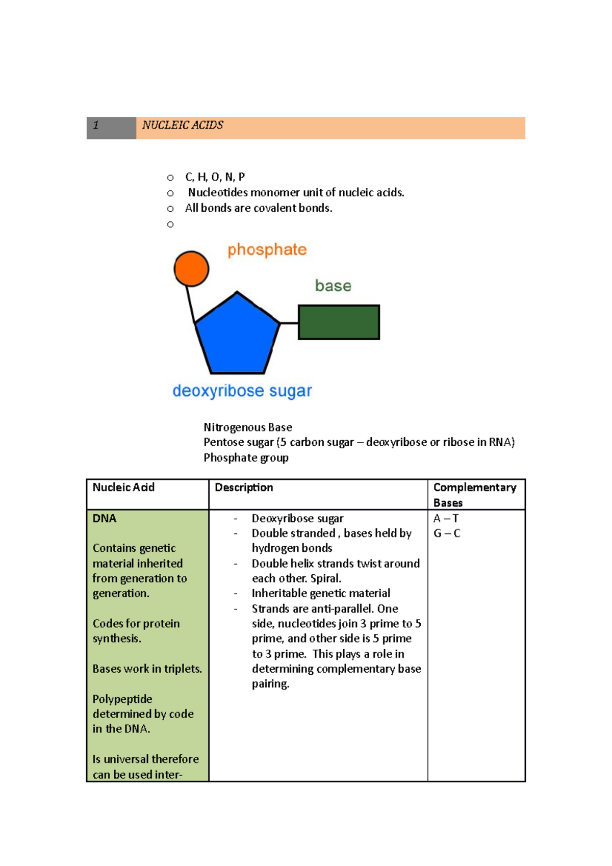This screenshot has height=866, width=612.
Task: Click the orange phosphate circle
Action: [191, 268]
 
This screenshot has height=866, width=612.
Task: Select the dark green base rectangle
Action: [339, 322]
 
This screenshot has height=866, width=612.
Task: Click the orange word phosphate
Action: [267, 250]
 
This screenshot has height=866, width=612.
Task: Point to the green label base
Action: [333, 286]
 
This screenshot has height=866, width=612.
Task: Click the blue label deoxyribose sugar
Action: [242, 391]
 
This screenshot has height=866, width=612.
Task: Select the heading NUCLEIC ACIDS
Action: [183, 125]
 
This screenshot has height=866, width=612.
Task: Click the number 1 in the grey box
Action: [96, 125]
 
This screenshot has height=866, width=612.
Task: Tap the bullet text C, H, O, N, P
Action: [215, 177]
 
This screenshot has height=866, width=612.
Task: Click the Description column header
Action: [244, 488]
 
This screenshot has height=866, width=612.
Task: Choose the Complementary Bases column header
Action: [474, 495]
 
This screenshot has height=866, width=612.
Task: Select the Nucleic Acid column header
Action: [123, 488]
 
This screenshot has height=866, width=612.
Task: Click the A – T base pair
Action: [446, 519]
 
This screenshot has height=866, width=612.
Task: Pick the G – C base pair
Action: [446, 533]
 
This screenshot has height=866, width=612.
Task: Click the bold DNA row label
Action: [105, 519]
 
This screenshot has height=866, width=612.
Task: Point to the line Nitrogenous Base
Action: [248, 427]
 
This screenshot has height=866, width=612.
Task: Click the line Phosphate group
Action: [246, 458]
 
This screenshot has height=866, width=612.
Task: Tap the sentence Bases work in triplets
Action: [147, 669]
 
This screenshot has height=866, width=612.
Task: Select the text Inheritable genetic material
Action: [321, 594]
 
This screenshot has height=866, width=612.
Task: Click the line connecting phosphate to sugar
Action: [190, 304]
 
